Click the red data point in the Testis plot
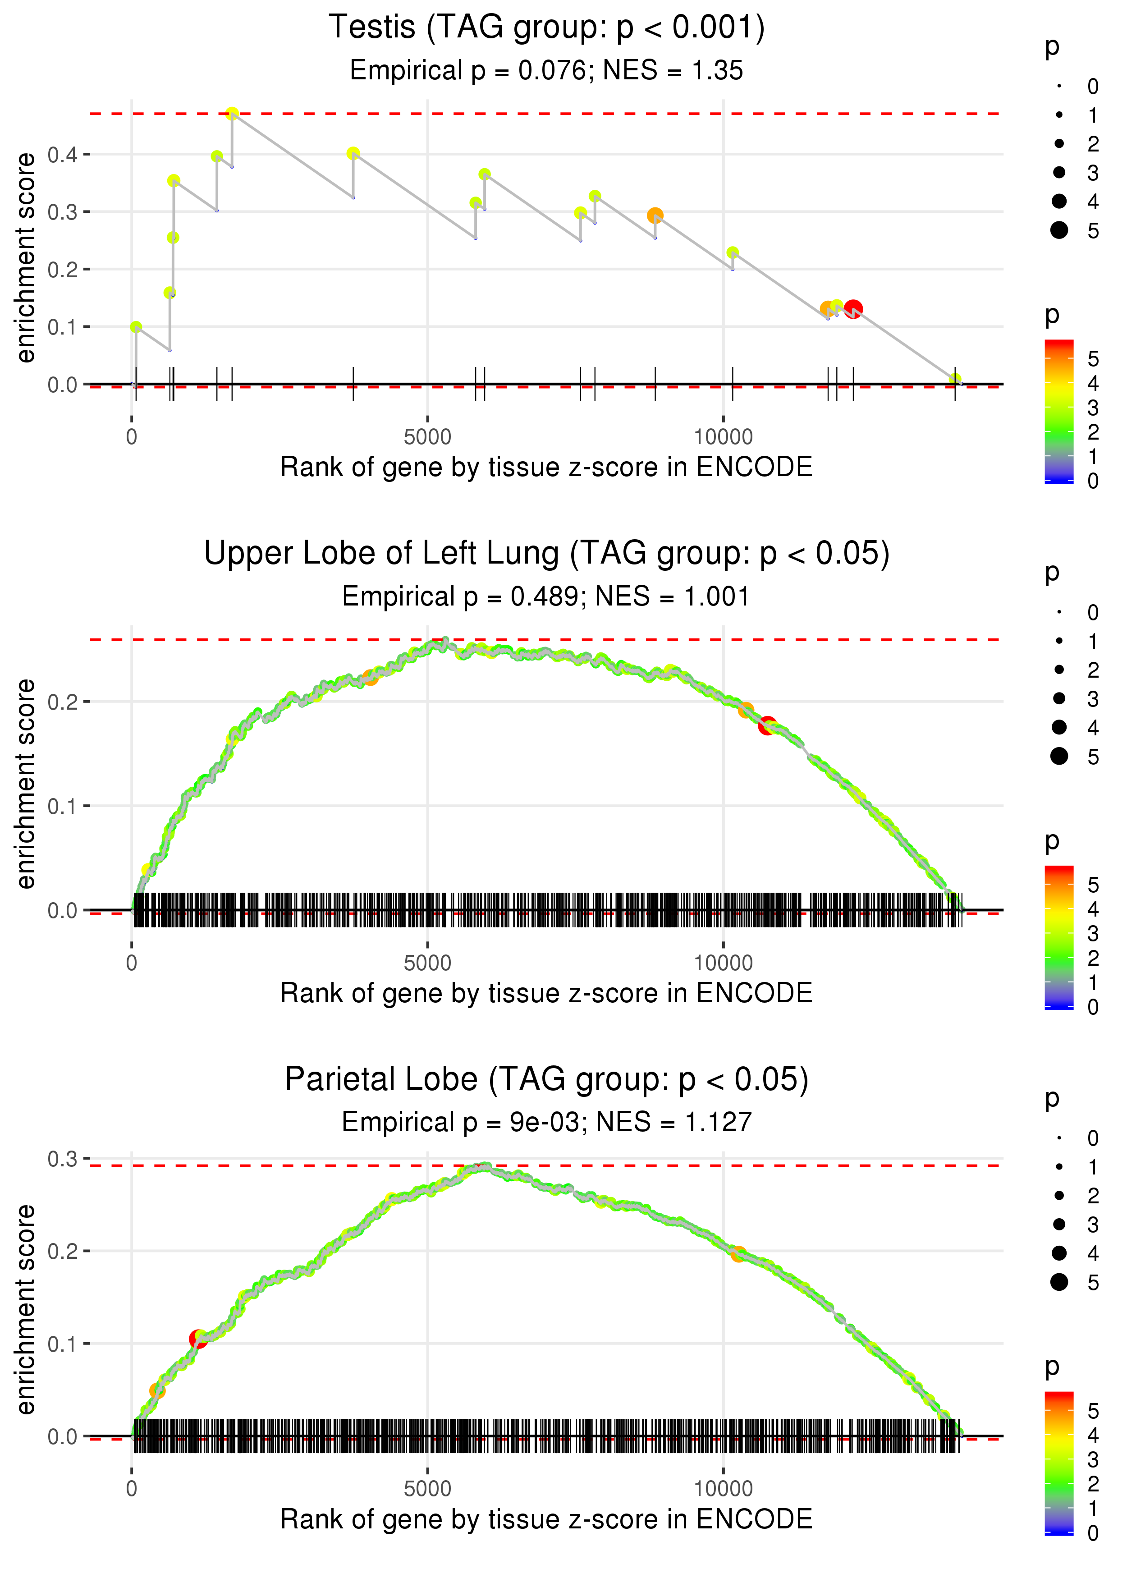click(853, 308)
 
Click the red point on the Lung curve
click(766, 726)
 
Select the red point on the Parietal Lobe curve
click(198, 1339)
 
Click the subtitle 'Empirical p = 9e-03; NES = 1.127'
click(546, 1122)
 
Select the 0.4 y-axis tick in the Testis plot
click(63, 154)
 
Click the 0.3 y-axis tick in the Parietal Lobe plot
click(63, 1159)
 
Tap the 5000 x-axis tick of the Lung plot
click(427, 963)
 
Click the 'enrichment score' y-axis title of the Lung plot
click(26, 784)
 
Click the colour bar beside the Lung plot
click(1058, 937)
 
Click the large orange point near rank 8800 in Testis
click(655, 215)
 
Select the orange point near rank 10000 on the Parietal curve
click(738, 1254)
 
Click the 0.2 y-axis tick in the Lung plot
click(63, 702)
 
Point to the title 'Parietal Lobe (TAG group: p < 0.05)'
click(546, 1080)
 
